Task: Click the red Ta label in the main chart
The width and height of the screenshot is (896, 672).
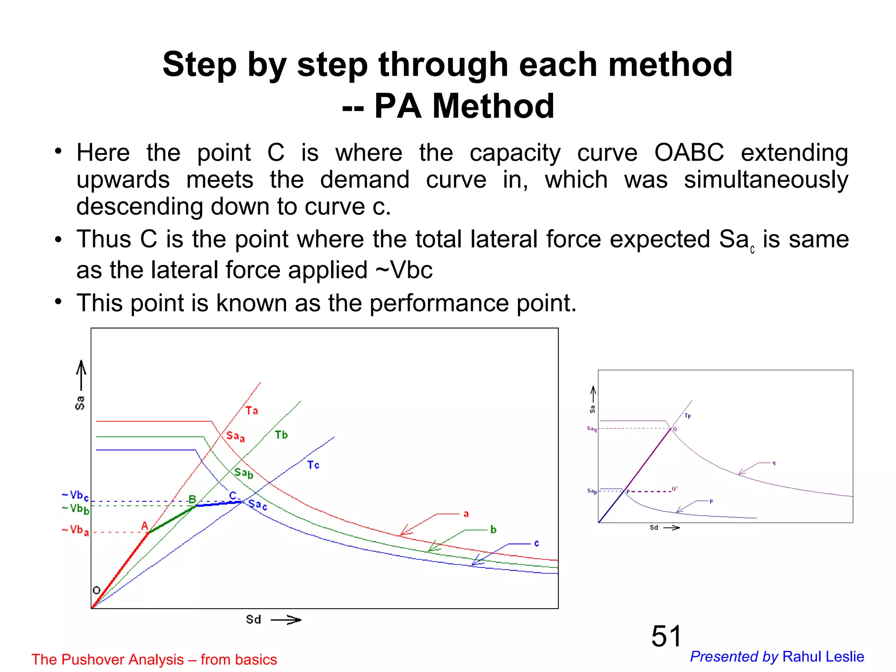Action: click(x=252, y=410)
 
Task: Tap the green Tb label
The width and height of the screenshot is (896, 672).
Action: click(x=281, y=434)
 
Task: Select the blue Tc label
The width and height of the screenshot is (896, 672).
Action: click(x=313, y=465)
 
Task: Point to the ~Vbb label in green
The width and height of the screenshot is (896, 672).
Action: click(x=76, y=508)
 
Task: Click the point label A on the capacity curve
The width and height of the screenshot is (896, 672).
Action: click(x=145, y=525)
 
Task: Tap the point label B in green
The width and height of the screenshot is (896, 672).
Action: click(x=192, y=499)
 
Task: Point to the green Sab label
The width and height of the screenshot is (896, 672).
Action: click(x=244, y=472)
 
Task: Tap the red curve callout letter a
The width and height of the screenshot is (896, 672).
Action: click(x=466, y=514)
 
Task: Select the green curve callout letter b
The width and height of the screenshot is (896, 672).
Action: click(x=493, y=529)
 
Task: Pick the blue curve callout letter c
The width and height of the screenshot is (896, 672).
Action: click(x=536, y=543)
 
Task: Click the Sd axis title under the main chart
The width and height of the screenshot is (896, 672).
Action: click(x=254, y=619)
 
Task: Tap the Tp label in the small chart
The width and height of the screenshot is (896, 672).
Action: click(x=687, y=416)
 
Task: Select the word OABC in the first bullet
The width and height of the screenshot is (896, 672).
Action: click(x=689, y=153)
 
